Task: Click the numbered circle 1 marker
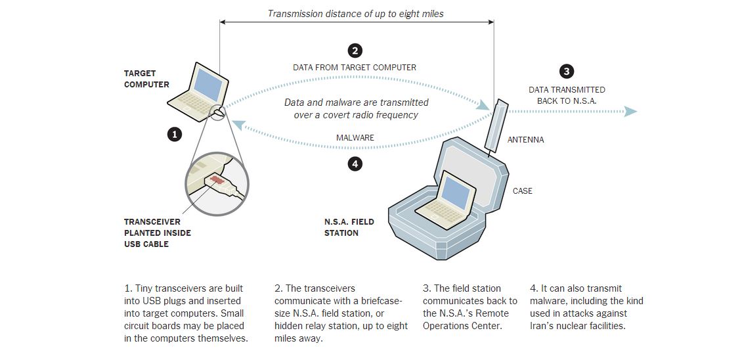pos(174,134)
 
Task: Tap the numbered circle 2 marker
pos(355,51)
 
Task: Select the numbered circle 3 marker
pos(566,72)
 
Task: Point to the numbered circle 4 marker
pos(355,164)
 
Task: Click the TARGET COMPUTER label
pos(146,79)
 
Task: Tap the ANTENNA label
pos(525,140)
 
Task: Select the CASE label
pos(522,191)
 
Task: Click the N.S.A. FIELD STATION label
pos(349,227)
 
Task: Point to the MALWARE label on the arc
pos(355,138)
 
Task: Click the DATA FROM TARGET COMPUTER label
pos(355,68)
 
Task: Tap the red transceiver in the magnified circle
pos(217,179)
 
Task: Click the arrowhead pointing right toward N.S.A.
pos(630,112)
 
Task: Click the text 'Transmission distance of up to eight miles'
pos(355,13)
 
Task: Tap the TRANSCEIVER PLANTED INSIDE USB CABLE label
pos(158,233)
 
